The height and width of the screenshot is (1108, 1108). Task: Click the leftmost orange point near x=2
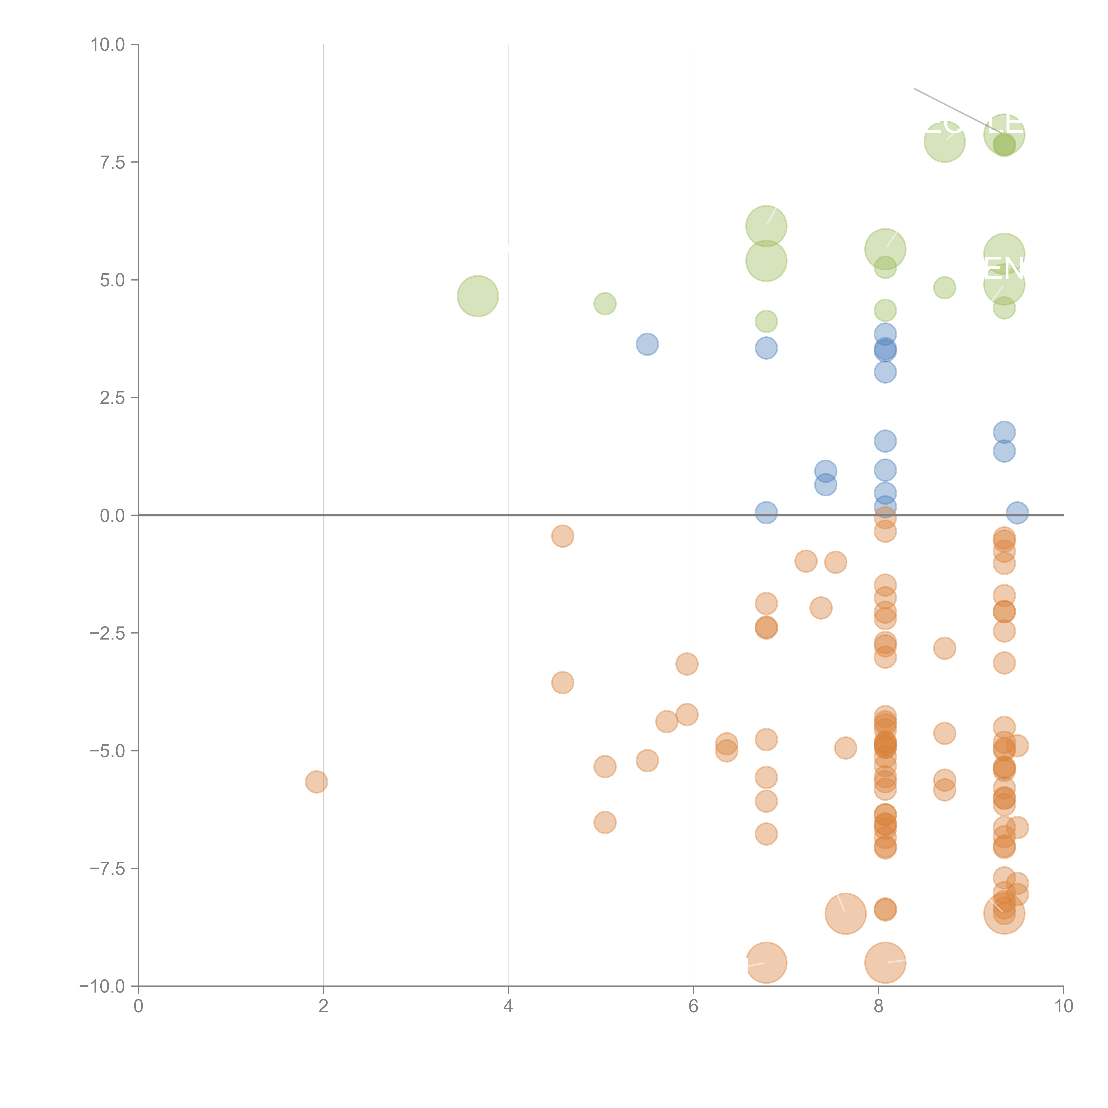point(316,782)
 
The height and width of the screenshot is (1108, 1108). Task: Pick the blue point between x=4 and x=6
point(647,344)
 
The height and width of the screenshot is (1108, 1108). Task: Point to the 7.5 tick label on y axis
point(112,162)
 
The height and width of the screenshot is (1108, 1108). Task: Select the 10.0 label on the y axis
point(108,45)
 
